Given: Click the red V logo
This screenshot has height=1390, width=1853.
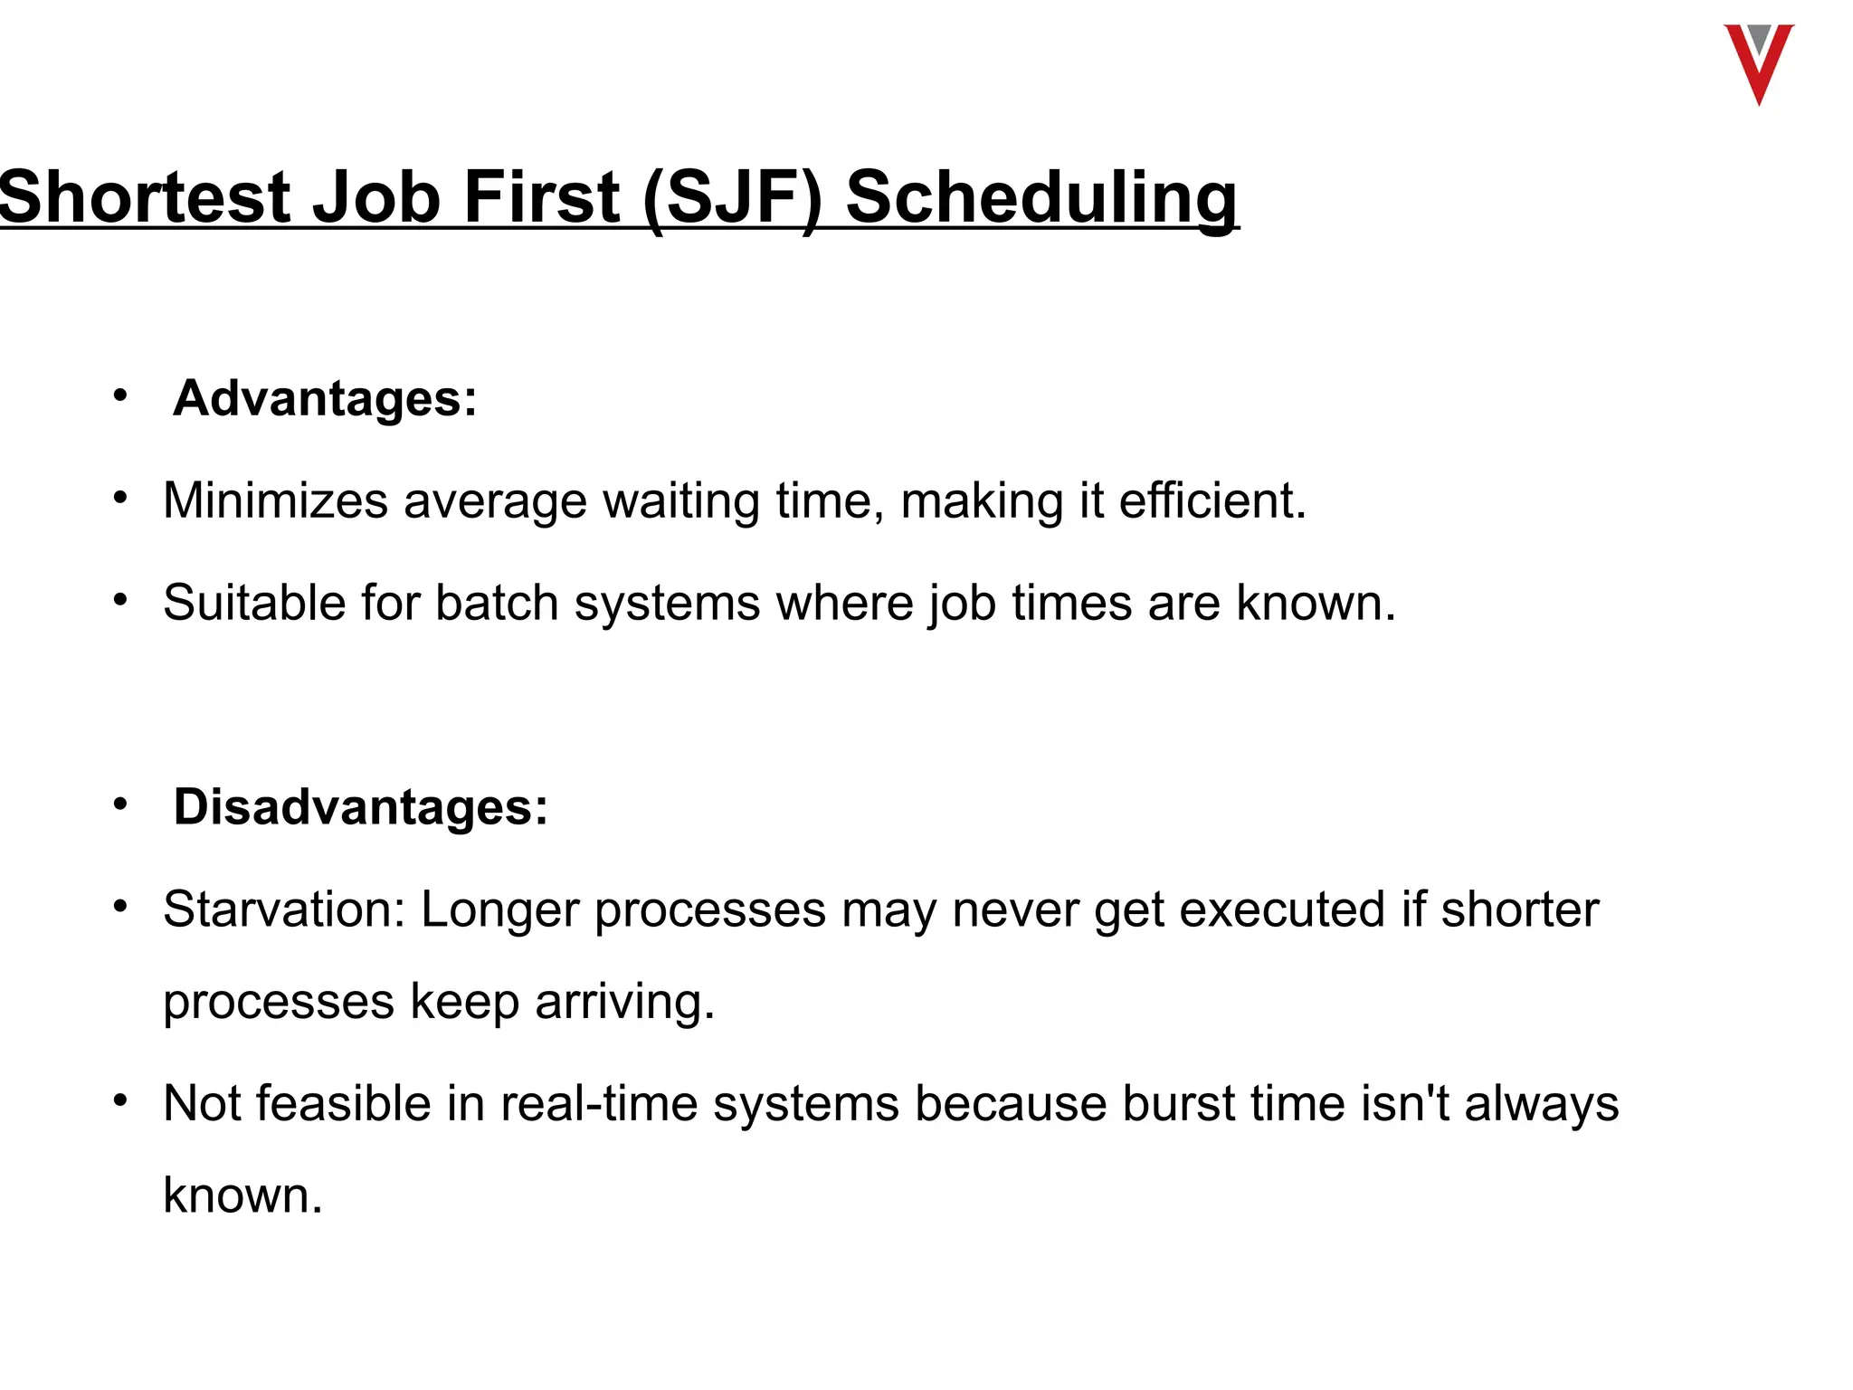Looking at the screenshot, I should (1758, 63).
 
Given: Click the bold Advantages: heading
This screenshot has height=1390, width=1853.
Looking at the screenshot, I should (325, 398).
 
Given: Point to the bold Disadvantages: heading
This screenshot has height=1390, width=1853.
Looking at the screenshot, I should (360, 806).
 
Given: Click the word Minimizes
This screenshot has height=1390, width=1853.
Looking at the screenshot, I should (275, 500).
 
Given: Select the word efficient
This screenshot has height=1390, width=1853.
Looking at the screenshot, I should (1212, 500).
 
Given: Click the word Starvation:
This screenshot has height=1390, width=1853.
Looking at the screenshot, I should (284, 909).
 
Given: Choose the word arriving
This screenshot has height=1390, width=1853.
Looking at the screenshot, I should (624, 1002).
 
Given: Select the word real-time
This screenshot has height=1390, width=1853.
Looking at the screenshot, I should (599, 1104).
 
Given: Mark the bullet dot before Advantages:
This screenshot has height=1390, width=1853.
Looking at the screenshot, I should (120, 395).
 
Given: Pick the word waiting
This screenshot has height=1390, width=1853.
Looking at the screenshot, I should (681, 500).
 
